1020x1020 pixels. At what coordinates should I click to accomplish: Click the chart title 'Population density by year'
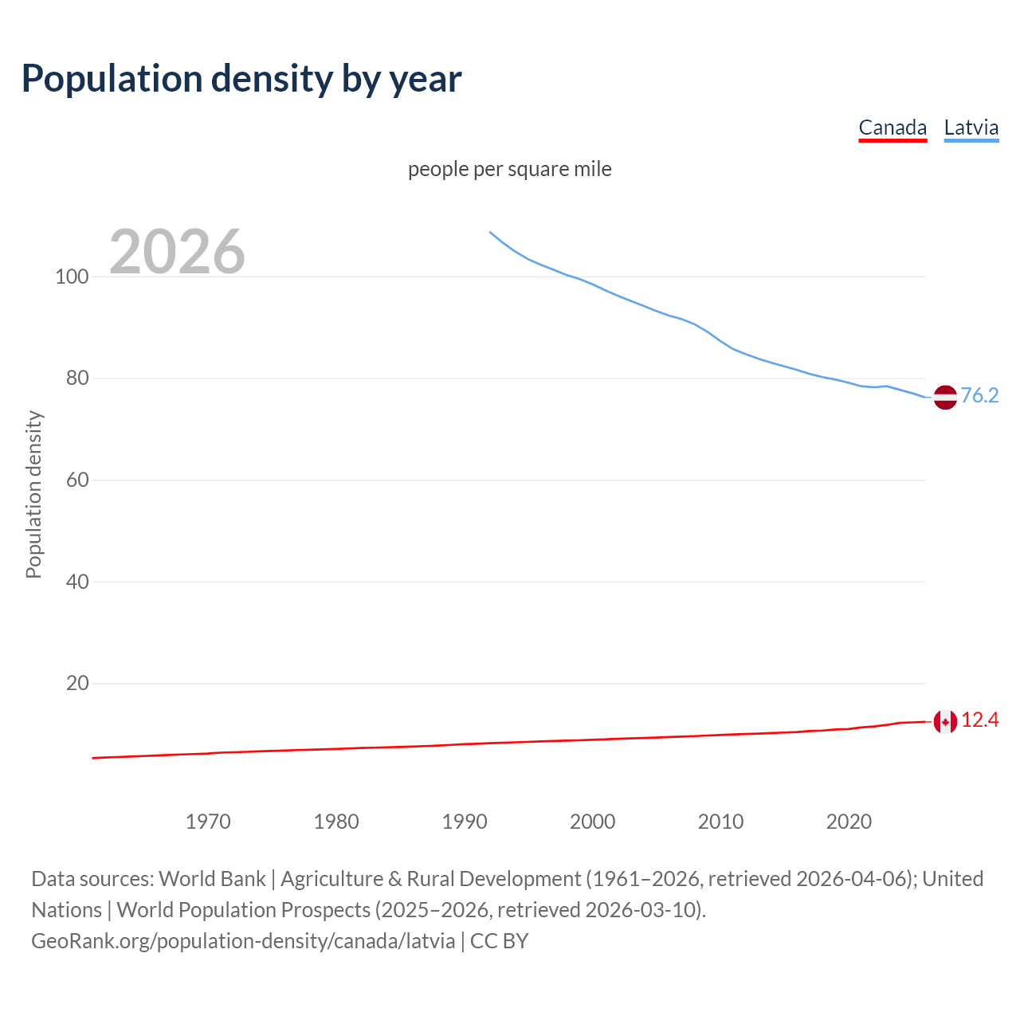coord(241,79)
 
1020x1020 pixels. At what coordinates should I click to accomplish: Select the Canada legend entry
coord(892,127)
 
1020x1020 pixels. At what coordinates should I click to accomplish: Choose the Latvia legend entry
coord(971,127)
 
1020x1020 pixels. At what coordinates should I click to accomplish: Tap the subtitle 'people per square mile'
coord(510,169)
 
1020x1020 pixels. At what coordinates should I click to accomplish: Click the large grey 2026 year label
coord(177,252)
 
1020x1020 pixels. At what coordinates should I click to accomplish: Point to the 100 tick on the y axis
coord(72,277)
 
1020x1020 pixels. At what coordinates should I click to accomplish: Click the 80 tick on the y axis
coord(76,379)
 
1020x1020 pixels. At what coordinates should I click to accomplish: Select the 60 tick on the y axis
coord(76,481)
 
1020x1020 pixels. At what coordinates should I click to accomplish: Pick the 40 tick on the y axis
coord(76,582)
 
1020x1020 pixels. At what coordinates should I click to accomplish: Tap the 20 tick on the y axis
coord(76,684)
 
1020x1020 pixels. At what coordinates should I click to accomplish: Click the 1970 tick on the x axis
coord(208,822)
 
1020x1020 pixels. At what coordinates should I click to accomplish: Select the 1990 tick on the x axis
coord(465,822)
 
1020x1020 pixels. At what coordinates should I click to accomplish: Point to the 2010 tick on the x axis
coord(720,822)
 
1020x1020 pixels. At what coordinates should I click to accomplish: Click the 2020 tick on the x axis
coord(849,822)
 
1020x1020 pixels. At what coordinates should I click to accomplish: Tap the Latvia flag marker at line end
coord(945,397)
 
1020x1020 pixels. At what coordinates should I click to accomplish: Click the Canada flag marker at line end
coord(945,722)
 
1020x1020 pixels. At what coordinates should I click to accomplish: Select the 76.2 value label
coord(979,396)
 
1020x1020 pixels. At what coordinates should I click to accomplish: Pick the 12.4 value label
coord(979,720)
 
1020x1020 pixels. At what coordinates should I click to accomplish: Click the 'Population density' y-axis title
coord(33,494)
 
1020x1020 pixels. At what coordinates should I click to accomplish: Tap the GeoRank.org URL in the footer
coord(243,941)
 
